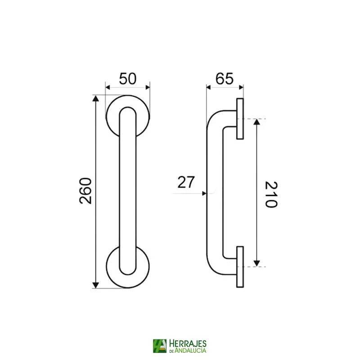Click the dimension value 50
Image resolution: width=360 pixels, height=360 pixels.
point(128,78)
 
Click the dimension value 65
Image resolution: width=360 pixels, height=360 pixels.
point(224,78)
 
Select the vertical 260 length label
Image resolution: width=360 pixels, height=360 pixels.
point(85,191)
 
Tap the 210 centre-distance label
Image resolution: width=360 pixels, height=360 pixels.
point(271,194)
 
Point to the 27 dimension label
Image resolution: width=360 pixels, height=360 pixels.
point(186,182)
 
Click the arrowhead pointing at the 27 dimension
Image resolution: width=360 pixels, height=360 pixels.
point(204,193)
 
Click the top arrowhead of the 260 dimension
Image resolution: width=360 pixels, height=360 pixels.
point(95,99)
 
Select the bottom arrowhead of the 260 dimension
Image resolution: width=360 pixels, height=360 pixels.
point(95,285)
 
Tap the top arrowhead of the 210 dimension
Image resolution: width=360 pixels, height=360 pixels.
point(256,122)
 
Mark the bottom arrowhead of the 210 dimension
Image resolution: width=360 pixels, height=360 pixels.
point(256,264)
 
